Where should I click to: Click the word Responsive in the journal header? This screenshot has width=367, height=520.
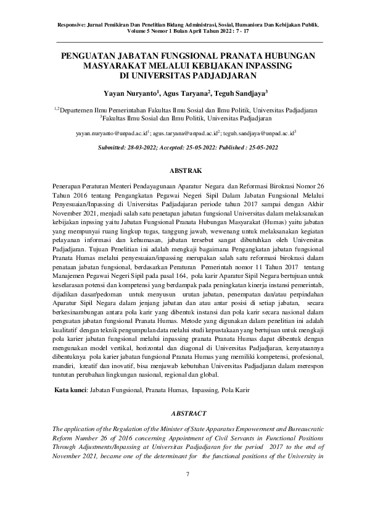(x=73, y=24)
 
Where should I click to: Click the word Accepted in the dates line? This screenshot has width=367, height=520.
(x=191, y=148)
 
